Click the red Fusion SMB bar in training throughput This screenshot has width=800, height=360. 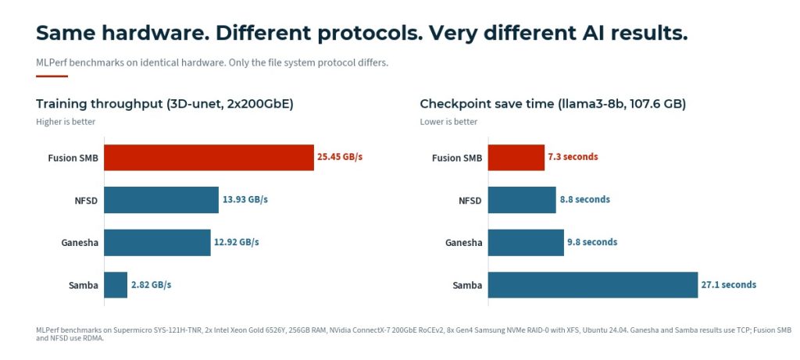[x=209, y=157]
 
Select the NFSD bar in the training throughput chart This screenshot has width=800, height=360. [x=161, y=200]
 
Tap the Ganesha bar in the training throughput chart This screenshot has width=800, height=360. [x=157, y=242]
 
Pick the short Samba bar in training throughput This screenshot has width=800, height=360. [x=116, y=285]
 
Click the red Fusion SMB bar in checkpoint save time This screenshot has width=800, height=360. [x=516, y=157]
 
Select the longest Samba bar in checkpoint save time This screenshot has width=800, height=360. [x=592, y=285]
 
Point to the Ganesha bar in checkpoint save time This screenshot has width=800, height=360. [x=526, y=242]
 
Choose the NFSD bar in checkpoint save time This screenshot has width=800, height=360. [x=522, y=200]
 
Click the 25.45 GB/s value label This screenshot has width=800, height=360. [x=340, y=157]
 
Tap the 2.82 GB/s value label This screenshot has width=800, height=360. [x=151, y=285]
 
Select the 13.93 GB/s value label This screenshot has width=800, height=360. [x=245, y=200]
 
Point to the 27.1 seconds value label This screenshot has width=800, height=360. [x=728, y=285]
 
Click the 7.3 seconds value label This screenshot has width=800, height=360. [x=573, y=157]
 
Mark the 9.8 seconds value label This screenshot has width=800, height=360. [x=591, y=242]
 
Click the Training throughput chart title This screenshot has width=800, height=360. [x=164, y=104]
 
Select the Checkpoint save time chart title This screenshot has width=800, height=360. [x=552, y=104]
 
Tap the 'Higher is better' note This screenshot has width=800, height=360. [x=66, y=122]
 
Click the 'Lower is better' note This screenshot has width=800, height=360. [x=448, y=122]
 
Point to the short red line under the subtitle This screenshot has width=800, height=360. [x=52, y=76]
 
